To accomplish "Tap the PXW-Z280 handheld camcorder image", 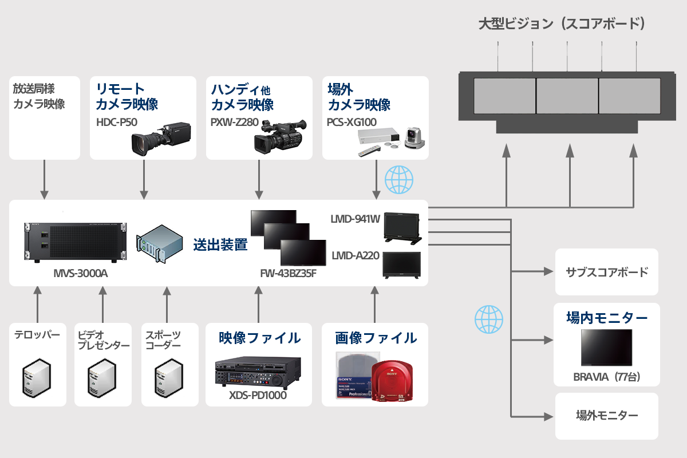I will [279, 136].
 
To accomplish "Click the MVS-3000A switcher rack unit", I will [75, 240].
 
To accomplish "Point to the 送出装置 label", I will [220, 244].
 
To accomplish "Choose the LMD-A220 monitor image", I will [401, 265].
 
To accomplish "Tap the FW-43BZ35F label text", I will [288, 274].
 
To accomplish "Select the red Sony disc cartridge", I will [393, 381].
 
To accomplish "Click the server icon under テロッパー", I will [37, 377].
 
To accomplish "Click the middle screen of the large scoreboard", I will [567, 95].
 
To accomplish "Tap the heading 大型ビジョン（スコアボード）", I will [562, 24].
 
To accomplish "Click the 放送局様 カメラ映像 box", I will [45, 117].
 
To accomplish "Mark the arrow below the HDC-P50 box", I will [143, 179].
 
